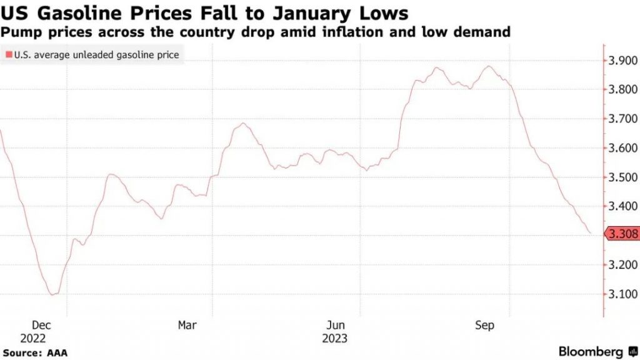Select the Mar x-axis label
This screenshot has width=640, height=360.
tap(187, 326)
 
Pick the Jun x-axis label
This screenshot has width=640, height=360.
tap(336, 326)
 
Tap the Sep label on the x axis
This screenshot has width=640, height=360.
tap(485, 326)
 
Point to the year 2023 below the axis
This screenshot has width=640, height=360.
tap(335, 339)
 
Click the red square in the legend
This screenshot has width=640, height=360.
tap(8, 55)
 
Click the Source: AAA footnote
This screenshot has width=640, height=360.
tap(34, 353)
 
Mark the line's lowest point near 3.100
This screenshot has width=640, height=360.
tap(52, 294)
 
